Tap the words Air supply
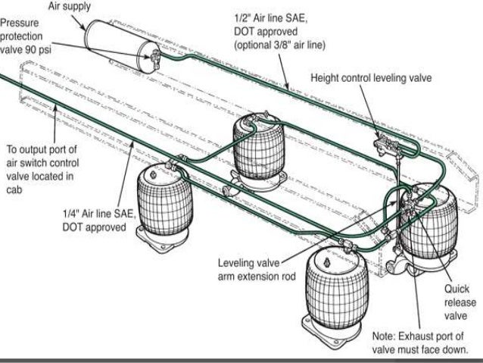click(x=73, y=7)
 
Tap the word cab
click(x=14, y=191)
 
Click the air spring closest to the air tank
click(x=257, y=147)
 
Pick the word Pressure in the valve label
click(x=22, y=22)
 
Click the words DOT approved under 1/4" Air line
click(x=94, y=228)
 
